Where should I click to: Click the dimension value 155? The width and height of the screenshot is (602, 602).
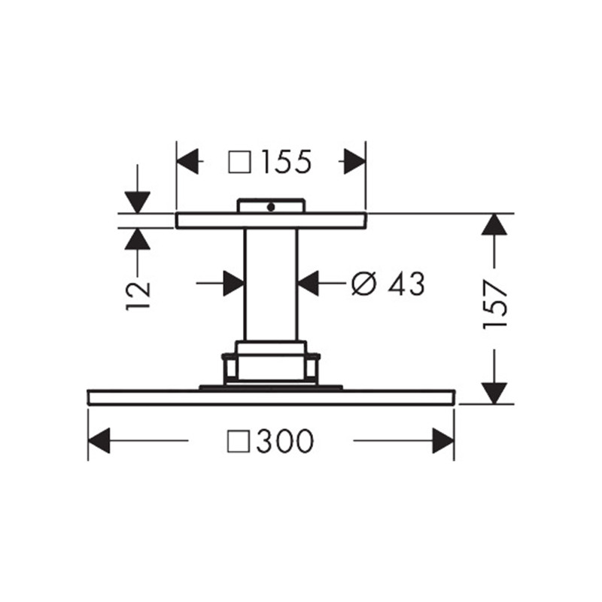coord(287,162)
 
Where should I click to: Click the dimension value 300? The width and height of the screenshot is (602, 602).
coord(285,441)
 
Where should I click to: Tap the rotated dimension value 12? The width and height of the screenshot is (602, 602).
coord(138,296)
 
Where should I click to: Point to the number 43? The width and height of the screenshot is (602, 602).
coord(406,284)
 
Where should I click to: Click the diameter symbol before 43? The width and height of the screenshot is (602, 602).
coord(363,284)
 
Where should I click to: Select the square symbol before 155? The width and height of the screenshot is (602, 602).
coord(240,162)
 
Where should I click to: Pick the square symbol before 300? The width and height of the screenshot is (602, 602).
coord(239,442)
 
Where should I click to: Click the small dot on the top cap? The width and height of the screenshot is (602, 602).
coord(271,208)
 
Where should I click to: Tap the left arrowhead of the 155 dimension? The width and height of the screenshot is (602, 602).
coord(187,162)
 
